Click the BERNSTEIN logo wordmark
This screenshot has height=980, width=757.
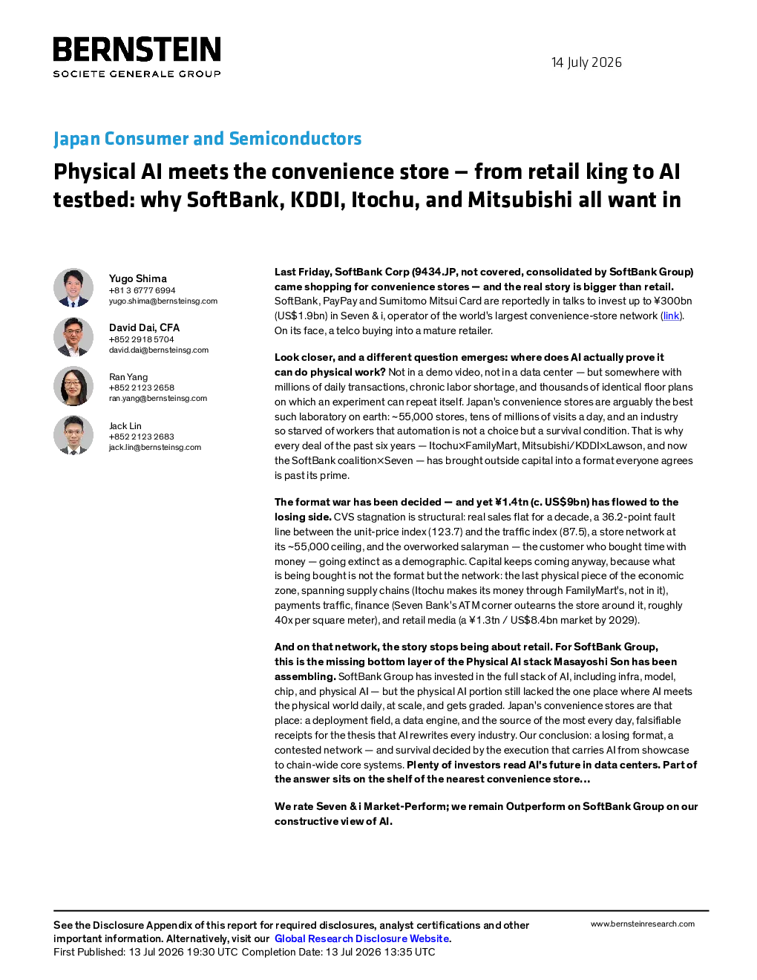pyautogui.click(x=137, y=49)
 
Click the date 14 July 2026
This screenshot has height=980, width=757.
pyautogui.click(x=586, y=62)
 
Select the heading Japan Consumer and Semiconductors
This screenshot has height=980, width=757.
pyautogui.click(x=207, y=138)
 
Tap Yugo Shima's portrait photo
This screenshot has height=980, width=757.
pyautogui.click(x=73, y=288)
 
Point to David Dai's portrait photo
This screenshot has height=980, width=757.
pyautogui.click(x=73, y=337)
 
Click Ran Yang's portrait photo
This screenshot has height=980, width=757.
pyautogui.click(x=73, y=386)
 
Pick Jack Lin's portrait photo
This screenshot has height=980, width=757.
pyautogui.click(x=73, y=435)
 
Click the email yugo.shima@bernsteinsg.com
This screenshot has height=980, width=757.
pyautogui.click(x=163, y=301)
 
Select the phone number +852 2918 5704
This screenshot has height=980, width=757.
pyautogui.click(x=141, y=339)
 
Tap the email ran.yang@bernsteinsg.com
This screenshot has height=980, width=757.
pyautogui.click(x=158, y=399)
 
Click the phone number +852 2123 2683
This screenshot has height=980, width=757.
pyautogui.click(x=141, y=437)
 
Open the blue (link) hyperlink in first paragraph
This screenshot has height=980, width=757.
pyautogui.click(x=671, y=316)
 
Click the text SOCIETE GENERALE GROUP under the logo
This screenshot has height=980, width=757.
pyautogui.click(x=137, y=74)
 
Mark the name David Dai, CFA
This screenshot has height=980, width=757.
pyautogui.click(x=144, y=328)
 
